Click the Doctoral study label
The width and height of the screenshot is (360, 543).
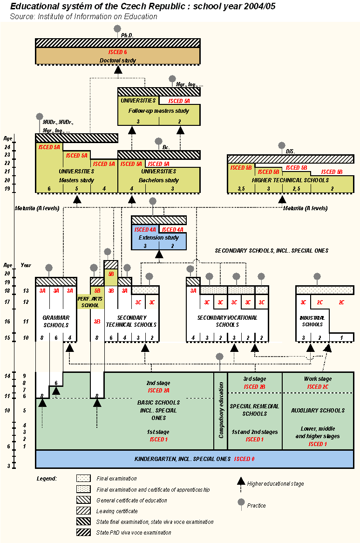tap(118, 60)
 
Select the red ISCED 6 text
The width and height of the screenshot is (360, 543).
tap(117, 52)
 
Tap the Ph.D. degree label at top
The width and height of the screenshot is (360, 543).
tap(127, 35)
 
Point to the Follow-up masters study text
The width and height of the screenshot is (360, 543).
tap(159, 111)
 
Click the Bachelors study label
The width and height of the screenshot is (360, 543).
tap(159, 180)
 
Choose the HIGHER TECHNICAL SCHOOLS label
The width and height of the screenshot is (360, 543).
tap(290, 180)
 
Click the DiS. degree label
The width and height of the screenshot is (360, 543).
tap(291, 151)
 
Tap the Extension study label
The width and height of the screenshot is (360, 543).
tap(159, 238)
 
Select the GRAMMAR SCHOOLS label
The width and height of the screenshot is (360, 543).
tap(56, 321)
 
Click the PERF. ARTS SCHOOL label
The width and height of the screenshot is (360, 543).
tap(90, 302)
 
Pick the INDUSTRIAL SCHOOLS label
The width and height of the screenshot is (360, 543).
tap(312, 321)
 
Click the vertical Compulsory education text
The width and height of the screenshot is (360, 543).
tap(221, 411)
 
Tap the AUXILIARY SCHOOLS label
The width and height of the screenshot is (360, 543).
tap(318, 411)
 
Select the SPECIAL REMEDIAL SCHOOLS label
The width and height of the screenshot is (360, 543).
tap(255, 410)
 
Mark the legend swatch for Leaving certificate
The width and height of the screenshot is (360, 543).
tap(84, 511)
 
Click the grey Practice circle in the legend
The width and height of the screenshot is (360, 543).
tap(241, 502)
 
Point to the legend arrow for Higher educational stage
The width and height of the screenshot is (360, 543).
tap(241, 481)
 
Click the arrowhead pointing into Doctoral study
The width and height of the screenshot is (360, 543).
tap(118, 69)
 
